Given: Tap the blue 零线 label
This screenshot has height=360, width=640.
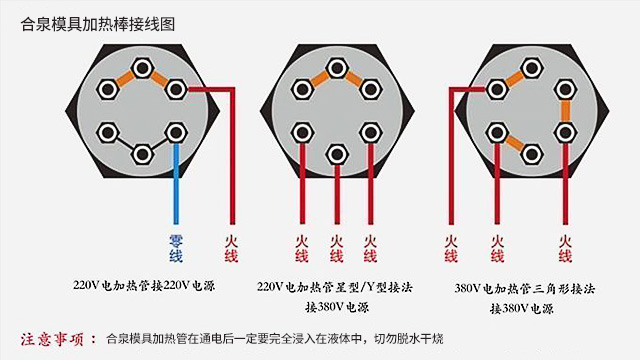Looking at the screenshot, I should tap(175, 248).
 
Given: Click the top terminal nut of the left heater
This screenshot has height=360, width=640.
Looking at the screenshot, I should tap(143, 69).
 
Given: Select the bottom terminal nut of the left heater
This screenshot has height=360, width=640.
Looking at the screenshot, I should tap(143, 153).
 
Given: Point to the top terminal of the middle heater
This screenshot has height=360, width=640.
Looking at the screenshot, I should tap(336, 69).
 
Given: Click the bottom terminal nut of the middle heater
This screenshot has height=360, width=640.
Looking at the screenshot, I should tap(336, 153).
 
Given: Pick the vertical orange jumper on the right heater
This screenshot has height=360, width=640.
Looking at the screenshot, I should tap(565, 110).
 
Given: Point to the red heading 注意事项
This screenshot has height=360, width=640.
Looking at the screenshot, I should tap(59, 337).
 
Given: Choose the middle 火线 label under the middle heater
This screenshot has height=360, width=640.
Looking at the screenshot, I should tap(336, 248).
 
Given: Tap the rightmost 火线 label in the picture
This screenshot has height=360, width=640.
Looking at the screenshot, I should tap(565, 248).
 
